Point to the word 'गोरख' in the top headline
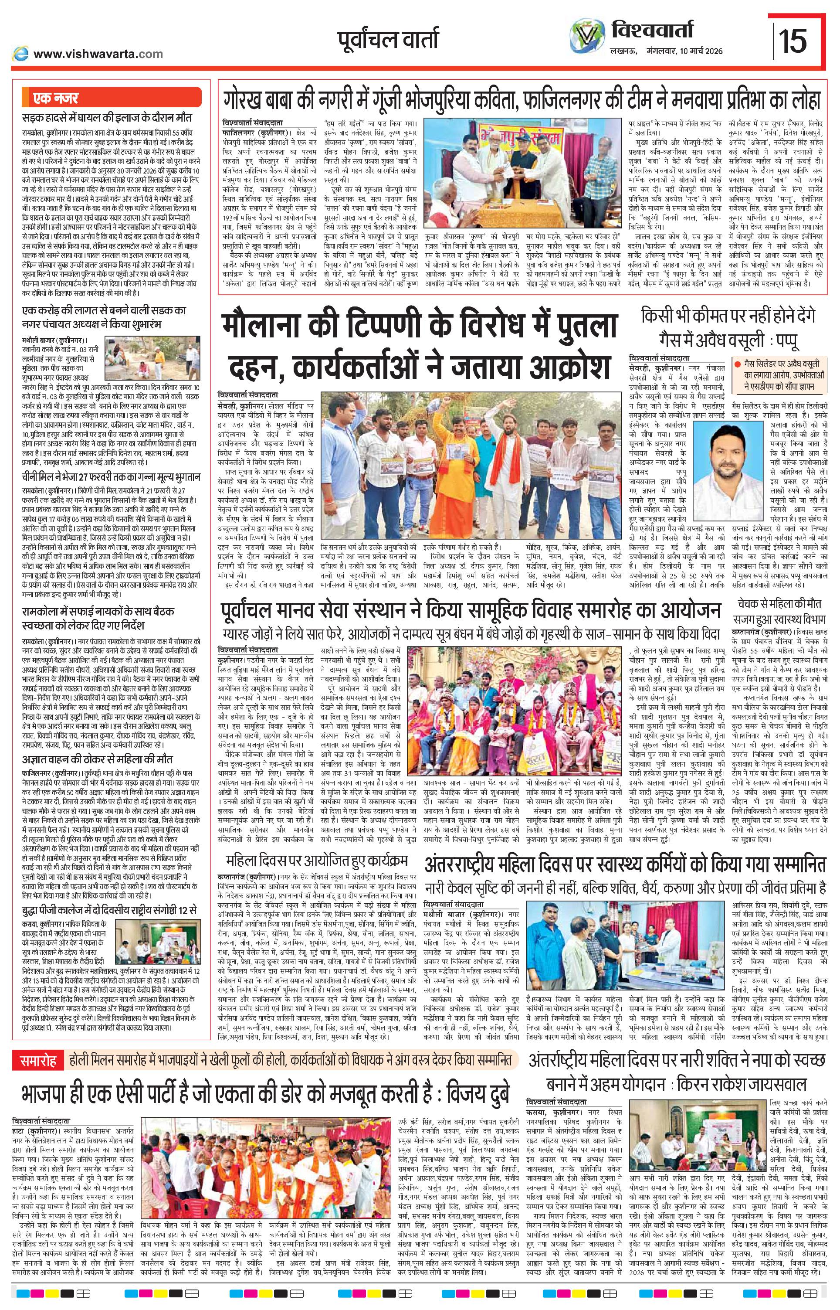point(249,100)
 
